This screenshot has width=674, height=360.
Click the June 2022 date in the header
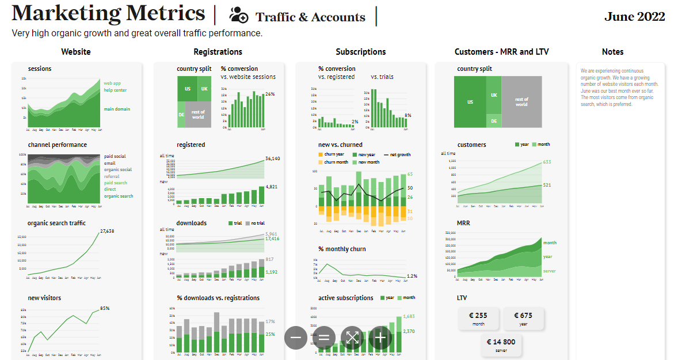[x=634, y=17]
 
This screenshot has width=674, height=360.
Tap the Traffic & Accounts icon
[x=238, y=16]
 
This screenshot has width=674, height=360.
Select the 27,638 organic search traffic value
[x=107, y=231]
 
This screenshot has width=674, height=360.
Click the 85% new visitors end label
[x=104, y=308]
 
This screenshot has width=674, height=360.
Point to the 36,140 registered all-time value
[x=272, y=158]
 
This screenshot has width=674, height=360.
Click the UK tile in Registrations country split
[x=204, y=89]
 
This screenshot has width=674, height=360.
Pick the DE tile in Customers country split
[x=494, y=121]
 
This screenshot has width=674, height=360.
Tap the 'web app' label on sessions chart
[x=112, y=83]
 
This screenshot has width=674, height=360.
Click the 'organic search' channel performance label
[x=118, y=196]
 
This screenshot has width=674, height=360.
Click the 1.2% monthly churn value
[x=412, y=276]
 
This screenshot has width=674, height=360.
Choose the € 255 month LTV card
[x=478, y=319]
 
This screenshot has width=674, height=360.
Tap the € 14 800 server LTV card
[x=501, y=344]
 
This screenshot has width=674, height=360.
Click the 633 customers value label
[x=547, y=162]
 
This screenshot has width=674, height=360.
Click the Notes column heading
[x=612, y=52]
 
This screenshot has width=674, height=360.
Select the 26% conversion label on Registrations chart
[x=269, y=94]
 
